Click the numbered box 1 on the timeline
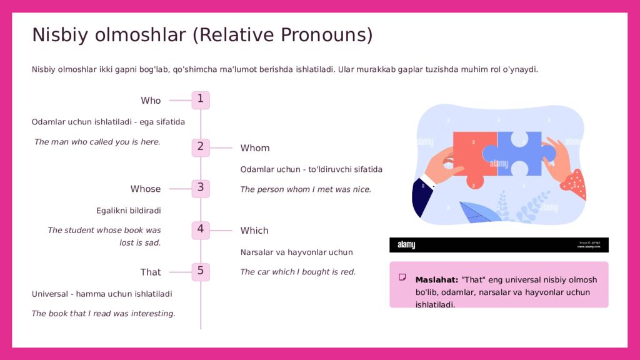tap(201, 100)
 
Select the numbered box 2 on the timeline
tap(201, 147)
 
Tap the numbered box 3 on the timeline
tap(201, 189)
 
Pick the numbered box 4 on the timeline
tap(201, 230)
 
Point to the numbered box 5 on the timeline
tap(201, 272)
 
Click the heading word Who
tap(151, 101)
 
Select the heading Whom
tap(255, 147)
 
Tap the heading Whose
tap(145, 189)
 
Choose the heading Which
tap(254, 231)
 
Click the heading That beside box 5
tap(151, 272)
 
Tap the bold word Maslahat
tap(437, 280)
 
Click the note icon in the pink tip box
tap(402, 277)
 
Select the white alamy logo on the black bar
tap(406, 244)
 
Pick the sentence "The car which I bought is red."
tap(298, 272)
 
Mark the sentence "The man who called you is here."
tap(97, 142)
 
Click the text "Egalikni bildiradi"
tap(129, 211)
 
